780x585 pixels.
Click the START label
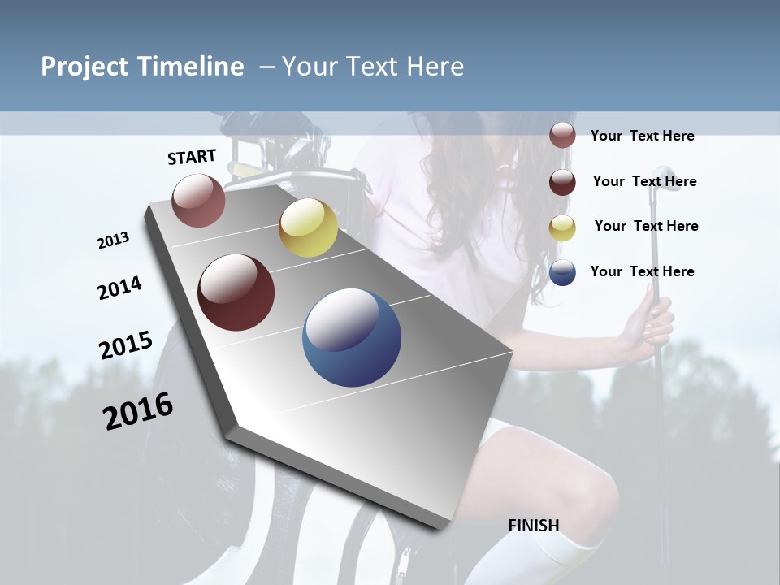click(x=192, y=157)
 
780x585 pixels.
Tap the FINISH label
click(x=534, y=526)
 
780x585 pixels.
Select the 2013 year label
click(x=113, y=240)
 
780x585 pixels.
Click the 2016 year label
click(x=138, y=411)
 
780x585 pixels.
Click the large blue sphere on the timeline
click(x=352, y=337)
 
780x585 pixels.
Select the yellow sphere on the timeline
click(x=308, y=227)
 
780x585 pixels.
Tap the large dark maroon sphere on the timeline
click(x=236, y=292)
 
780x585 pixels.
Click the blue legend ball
click(x=562, y=272)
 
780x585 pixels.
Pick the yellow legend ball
click(x=562, y=227)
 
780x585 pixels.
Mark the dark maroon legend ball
click(x=562, y=182)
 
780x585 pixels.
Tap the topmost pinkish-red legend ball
click(x=562, y=136)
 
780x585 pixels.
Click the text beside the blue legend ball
click(x=642, y=271)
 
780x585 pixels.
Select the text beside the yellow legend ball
click(x=646, y=226)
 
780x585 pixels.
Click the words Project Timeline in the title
click(x=142, y=67)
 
